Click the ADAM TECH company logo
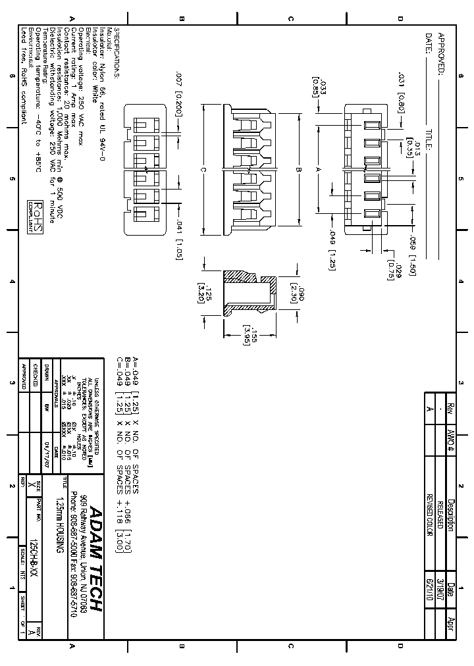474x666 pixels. [95, 559]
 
